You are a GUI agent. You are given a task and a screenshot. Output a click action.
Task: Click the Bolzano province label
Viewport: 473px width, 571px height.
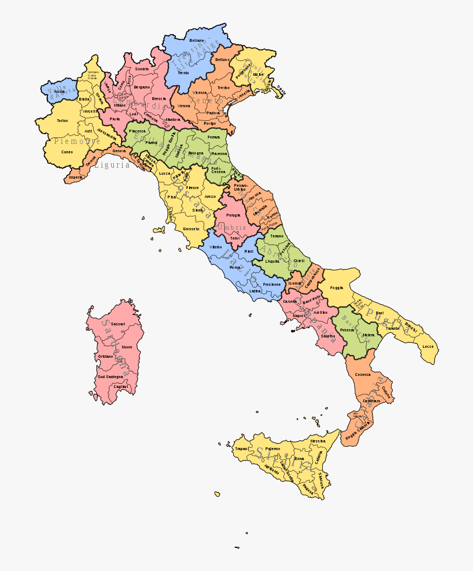pos(196,41)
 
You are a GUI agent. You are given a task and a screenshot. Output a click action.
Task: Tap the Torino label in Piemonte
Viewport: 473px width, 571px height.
pos(62,120)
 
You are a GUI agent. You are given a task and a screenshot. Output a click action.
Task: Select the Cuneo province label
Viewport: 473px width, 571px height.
pos(67,152)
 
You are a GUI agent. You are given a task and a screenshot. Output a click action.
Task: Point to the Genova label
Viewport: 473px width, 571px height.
pos(119,151)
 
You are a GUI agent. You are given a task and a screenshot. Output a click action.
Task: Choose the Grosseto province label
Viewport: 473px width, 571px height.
pos(191,229)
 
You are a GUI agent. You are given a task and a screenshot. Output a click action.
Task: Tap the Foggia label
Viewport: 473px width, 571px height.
pos(337,287)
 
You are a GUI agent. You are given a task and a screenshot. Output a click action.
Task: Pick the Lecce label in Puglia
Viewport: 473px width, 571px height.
pos(428,346)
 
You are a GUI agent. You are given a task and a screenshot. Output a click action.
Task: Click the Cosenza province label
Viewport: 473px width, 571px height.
pos(363,375)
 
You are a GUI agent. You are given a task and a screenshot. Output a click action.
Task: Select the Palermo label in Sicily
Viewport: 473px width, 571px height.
pos(272,449)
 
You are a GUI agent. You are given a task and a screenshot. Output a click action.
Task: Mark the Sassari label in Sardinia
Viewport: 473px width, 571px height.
pos(118,324)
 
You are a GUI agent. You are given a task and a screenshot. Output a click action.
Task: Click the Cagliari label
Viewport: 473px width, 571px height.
pos(120,387)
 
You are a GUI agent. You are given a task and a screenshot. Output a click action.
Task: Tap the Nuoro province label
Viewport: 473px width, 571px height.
pos(127,347)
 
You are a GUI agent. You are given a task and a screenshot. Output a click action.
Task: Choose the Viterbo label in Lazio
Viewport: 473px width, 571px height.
pos(215,247)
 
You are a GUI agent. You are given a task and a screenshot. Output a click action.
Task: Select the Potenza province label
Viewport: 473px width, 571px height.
pos(346,330)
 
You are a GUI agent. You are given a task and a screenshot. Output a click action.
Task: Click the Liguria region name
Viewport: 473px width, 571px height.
pos(112,165)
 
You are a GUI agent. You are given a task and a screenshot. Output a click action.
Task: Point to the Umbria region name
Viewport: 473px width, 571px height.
pos(232,227)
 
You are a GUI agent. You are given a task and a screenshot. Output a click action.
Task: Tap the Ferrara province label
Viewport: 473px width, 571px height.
pos(213,137)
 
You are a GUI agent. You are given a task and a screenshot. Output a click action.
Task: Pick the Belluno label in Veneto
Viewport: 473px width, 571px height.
pos(222,59)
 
